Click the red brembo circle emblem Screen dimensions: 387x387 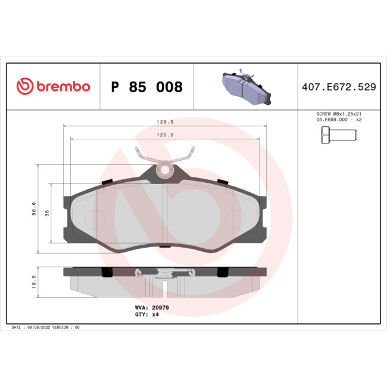[24, 87]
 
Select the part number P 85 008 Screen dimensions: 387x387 [146, 87]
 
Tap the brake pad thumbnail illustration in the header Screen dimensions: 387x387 [245, 87]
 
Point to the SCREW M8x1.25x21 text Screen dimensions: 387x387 [338, 114]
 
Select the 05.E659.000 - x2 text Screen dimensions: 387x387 [338, 120]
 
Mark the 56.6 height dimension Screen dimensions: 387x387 [34, 208]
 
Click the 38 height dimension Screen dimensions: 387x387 [47, 213]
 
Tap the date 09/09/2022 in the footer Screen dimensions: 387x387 [37, 327]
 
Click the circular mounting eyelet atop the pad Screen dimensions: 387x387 [166, 170]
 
